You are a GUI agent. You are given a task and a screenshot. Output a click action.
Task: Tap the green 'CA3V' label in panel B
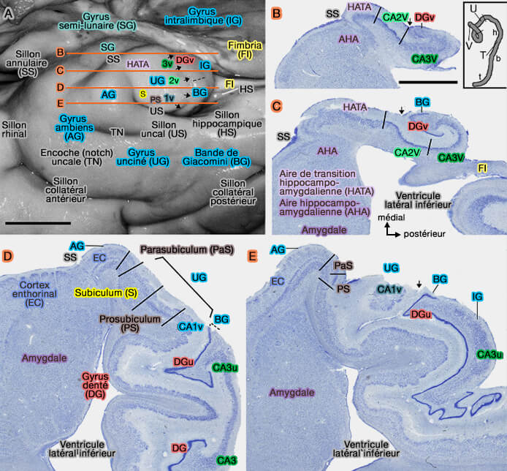click(x=427, y=58)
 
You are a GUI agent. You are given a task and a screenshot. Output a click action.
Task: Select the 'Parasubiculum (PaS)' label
click(x=187, y=249)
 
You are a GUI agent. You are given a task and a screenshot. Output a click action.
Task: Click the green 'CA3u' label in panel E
click(x=490, y=354)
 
